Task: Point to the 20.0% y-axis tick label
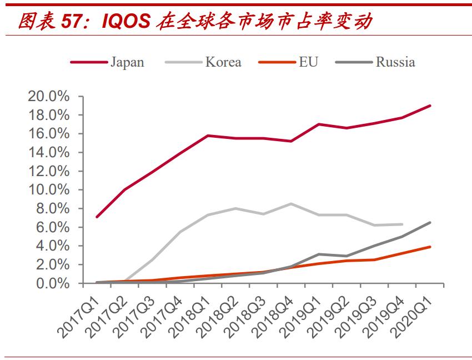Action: (x=49, y=97)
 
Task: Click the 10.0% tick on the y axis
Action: (x=49, y=190)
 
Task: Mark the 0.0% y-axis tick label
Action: (x=53, y=283)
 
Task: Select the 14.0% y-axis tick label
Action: (x=49, y=152)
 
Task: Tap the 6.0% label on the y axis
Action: (x=53, y=227)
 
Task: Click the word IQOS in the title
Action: (x=125, y=20)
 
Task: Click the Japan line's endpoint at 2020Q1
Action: (x=430, y=106)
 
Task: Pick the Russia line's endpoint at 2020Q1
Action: (x=430, y=222)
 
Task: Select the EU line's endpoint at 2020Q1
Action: (x=430, y=247)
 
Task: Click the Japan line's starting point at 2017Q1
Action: (x=97, y=217)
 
